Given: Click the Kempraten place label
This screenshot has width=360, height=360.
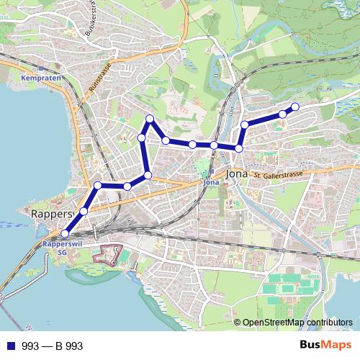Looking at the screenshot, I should (35, 77).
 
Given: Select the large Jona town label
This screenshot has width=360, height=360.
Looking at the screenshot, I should (236, 174).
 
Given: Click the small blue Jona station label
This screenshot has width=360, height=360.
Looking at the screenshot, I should (211, 182).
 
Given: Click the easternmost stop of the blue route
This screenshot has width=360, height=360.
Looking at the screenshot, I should (294, 107).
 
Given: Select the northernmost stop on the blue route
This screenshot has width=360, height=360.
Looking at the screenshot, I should (150, 118).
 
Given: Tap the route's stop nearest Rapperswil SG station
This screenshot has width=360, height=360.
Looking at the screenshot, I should (65, 233).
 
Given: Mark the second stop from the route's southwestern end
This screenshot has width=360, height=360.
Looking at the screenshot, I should (84, 211).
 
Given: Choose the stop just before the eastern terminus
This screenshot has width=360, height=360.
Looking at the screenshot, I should (282, 114).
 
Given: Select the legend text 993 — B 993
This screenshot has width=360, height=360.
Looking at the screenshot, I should (52, 346).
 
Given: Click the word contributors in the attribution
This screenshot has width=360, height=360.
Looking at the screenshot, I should (328, 322).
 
